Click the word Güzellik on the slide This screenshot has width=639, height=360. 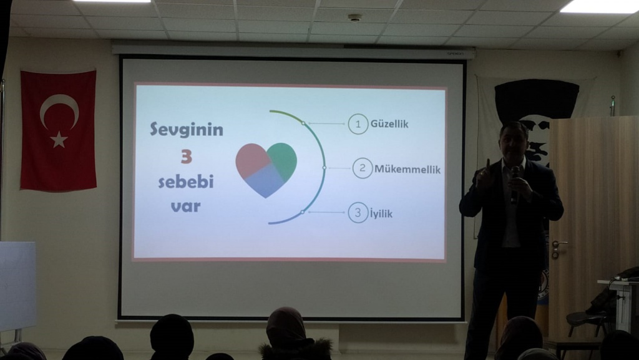[x=389, y=124]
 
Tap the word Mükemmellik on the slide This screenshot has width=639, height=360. [x=407, y=169]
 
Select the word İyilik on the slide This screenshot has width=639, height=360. [x=381, y=213]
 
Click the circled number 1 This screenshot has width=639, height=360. [x=358, y=124]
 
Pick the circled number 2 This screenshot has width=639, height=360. [x=363, y=168]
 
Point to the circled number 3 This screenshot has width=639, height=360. [x=358, y=213]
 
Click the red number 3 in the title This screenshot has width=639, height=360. [x=186, y=156]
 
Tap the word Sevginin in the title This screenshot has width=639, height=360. [x=187, y=130]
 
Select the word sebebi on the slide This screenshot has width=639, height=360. [x=186, y=182]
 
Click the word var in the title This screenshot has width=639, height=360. [x=186, y=207]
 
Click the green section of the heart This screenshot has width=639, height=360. [x=283, y=160]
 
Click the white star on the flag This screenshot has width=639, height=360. [x=59, y=139]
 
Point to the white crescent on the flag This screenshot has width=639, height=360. [x=57, y=107]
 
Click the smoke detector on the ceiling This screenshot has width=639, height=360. [x=354, y=18]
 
